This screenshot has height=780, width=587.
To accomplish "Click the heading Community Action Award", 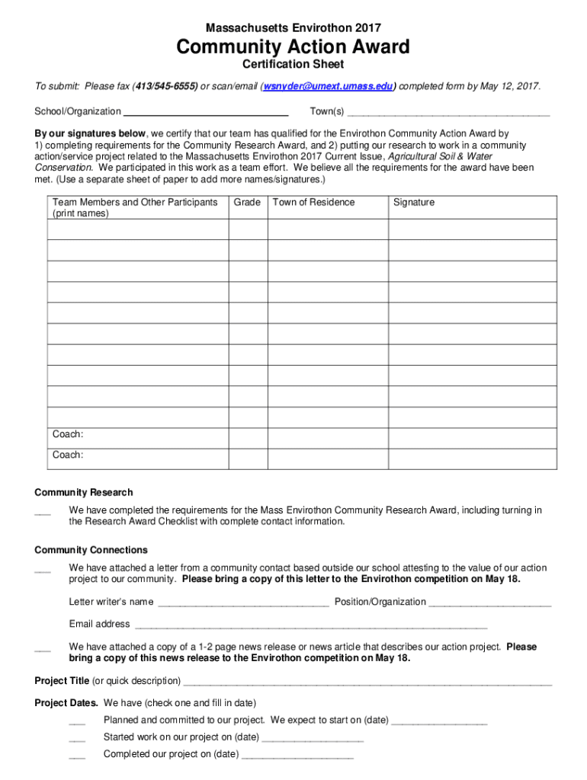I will click(x=293, y=47).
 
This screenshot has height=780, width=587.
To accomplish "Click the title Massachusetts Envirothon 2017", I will click(x=293, y=27).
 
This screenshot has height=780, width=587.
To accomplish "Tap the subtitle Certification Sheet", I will click(x=293, y=65).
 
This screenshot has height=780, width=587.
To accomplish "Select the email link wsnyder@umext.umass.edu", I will click(x=329, y=86).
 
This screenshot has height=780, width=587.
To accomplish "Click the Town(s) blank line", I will click(x=448, y=112).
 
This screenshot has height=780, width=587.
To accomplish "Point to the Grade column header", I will click(x=247, y=203).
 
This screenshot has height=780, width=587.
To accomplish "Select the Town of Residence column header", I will click(x=313, y=203).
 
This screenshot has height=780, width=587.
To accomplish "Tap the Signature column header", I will click(x=414, y=203).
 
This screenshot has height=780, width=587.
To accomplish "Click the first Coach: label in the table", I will click(x=68, y=435).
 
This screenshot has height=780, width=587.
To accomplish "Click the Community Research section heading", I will click(x=84, y=493).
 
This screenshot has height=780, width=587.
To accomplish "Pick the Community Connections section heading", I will click(x=91, y=550).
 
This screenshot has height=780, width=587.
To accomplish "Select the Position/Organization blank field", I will click(x=489, y=603).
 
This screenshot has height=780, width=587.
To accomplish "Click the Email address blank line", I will click(x=310, y=625).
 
